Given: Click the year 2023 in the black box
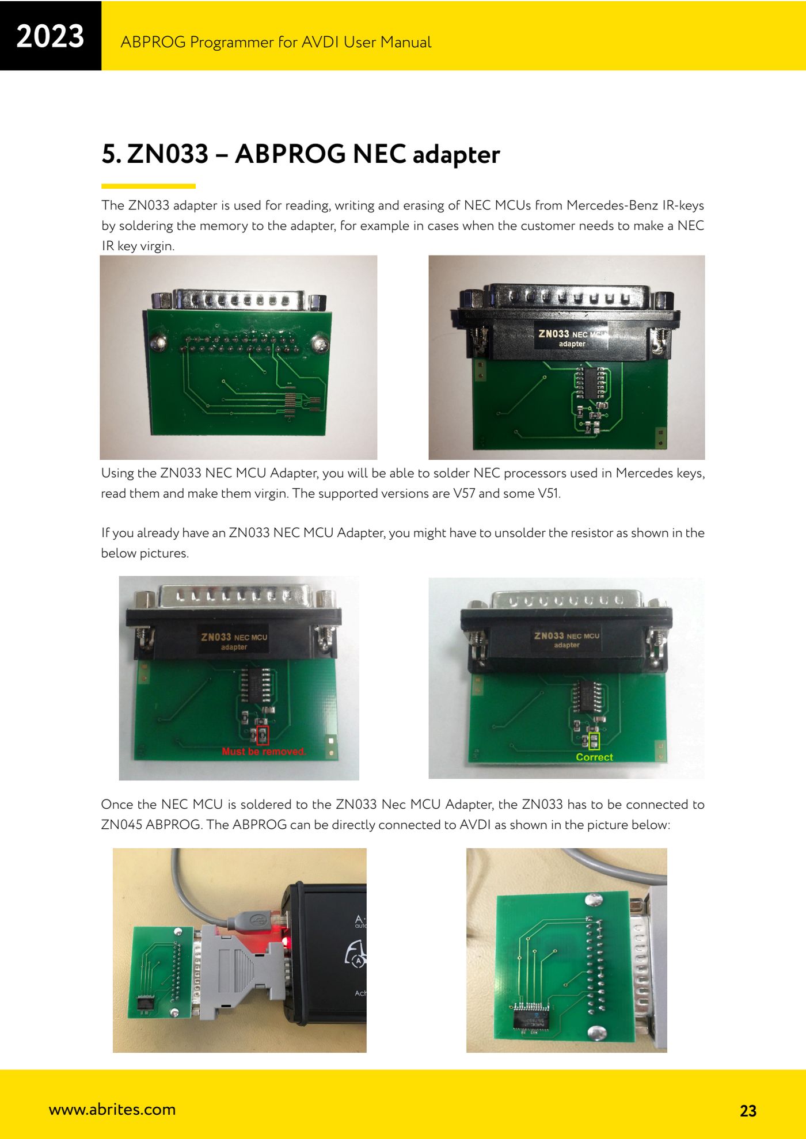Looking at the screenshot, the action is [x=50, y=36].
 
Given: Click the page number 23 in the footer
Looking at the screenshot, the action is [x=748, y=1111].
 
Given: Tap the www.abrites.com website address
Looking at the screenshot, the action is [x=112, y=1109].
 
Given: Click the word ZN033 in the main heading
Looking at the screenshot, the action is [x=168, y=154].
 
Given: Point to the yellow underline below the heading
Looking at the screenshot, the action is [x=149, y=186].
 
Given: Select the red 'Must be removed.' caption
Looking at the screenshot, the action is [x=264, y=751].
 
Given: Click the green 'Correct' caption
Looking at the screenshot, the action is [x=594, y=757].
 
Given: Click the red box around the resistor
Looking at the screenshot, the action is [x=263, y=736].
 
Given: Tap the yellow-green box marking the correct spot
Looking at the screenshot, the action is [x=594, y=741].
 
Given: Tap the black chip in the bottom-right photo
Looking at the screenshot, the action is [x=530, y=1015].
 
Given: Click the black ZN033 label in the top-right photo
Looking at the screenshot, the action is [x=571, y=338].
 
